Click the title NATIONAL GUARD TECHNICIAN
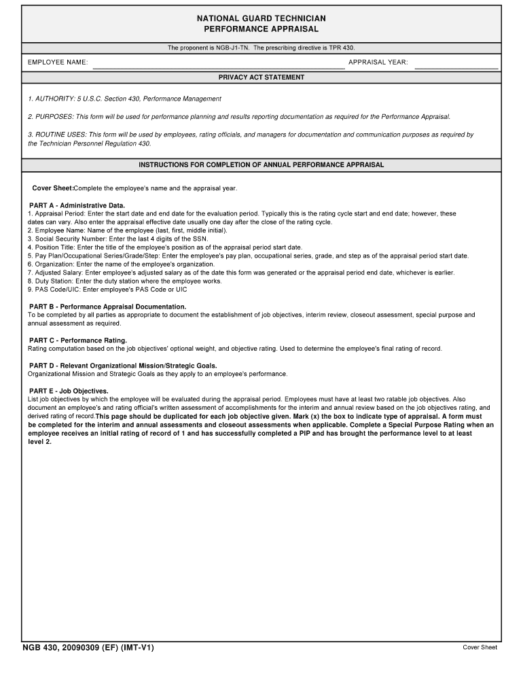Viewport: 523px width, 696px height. pyautogui.click(x=261, y=18)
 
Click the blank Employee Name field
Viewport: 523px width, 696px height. pyautogui.click(x=218, y=63)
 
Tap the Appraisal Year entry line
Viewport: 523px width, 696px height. pyautogui.click(x=456, y=63)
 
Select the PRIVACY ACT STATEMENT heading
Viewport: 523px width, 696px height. pyautogui.click(x=261, y=77)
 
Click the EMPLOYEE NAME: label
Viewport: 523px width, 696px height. pyautogui.click(x=58, y=63)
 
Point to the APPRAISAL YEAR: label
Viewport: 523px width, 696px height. pyautogui.click(x=378, y=63)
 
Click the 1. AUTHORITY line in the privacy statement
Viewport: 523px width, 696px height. pyautogui.click(x=124, y=99)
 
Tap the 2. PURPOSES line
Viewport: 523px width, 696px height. pyautogui.click(x=238, y=117)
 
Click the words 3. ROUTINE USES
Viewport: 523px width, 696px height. pyautogui.click(x=57, y=135)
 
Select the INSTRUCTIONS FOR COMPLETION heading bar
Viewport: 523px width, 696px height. pyautogui.click(x=261, y=165)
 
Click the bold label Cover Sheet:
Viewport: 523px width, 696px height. pyautogui.click(x=52, y=188)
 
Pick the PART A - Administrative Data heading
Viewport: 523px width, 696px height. pyautogui.click(x=77, y=205)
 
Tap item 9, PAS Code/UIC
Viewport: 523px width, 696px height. pyautogui.click(x=107, y=290)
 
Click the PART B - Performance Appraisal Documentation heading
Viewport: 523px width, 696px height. pyautogui.click(x=107, y=307)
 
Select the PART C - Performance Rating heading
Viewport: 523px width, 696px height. pyautogui.click(x=77, y=340)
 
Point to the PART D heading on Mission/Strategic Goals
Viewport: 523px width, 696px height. pyautogui.click(x=122, y=366)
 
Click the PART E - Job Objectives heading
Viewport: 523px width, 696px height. pyautogui.click(x=68, y=391)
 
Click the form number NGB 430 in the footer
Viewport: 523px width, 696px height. pyautogui.click(x=88, y=648)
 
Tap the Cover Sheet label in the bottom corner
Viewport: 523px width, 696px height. pyautogui.click(x=480, y=648)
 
